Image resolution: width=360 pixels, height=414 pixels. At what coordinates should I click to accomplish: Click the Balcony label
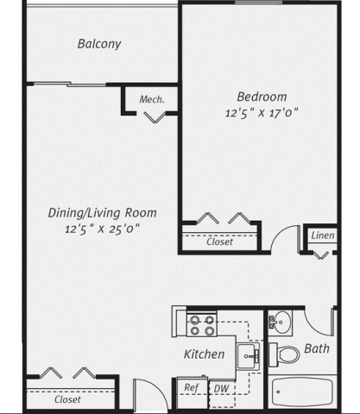click(99, 44)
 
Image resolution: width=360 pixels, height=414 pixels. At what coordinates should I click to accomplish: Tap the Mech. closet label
click(152, 99)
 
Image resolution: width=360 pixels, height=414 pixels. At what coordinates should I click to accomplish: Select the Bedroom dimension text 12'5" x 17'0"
click(262, 113)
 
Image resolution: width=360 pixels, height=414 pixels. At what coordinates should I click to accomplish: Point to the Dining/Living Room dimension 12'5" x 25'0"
click(102, 229)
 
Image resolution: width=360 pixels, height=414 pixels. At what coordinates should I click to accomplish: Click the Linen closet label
click(323, 235)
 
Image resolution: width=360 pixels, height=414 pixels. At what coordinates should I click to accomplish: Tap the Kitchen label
click(204, 354)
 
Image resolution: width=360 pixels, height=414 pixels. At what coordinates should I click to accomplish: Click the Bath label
click(317, 348)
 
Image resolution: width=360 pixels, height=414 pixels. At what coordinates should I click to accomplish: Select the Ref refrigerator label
click(192, 387)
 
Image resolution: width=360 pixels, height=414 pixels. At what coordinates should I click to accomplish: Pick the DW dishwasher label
click(221, 389)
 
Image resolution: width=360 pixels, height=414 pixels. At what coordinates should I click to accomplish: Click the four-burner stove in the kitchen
click(202, 325)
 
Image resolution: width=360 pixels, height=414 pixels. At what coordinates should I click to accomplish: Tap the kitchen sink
click(248, 356)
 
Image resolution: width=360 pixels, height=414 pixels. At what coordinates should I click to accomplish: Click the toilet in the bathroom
click(284, 354)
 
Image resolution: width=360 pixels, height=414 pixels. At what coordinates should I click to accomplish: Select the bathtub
click(302, 392)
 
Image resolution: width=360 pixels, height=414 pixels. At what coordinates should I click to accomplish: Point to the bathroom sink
click(280, 322)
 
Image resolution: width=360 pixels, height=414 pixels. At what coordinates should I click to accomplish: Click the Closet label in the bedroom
click(219, 241)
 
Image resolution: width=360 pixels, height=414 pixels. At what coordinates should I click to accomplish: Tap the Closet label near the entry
click(67, 399)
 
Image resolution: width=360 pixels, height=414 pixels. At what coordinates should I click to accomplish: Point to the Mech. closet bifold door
click(155, 117)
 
